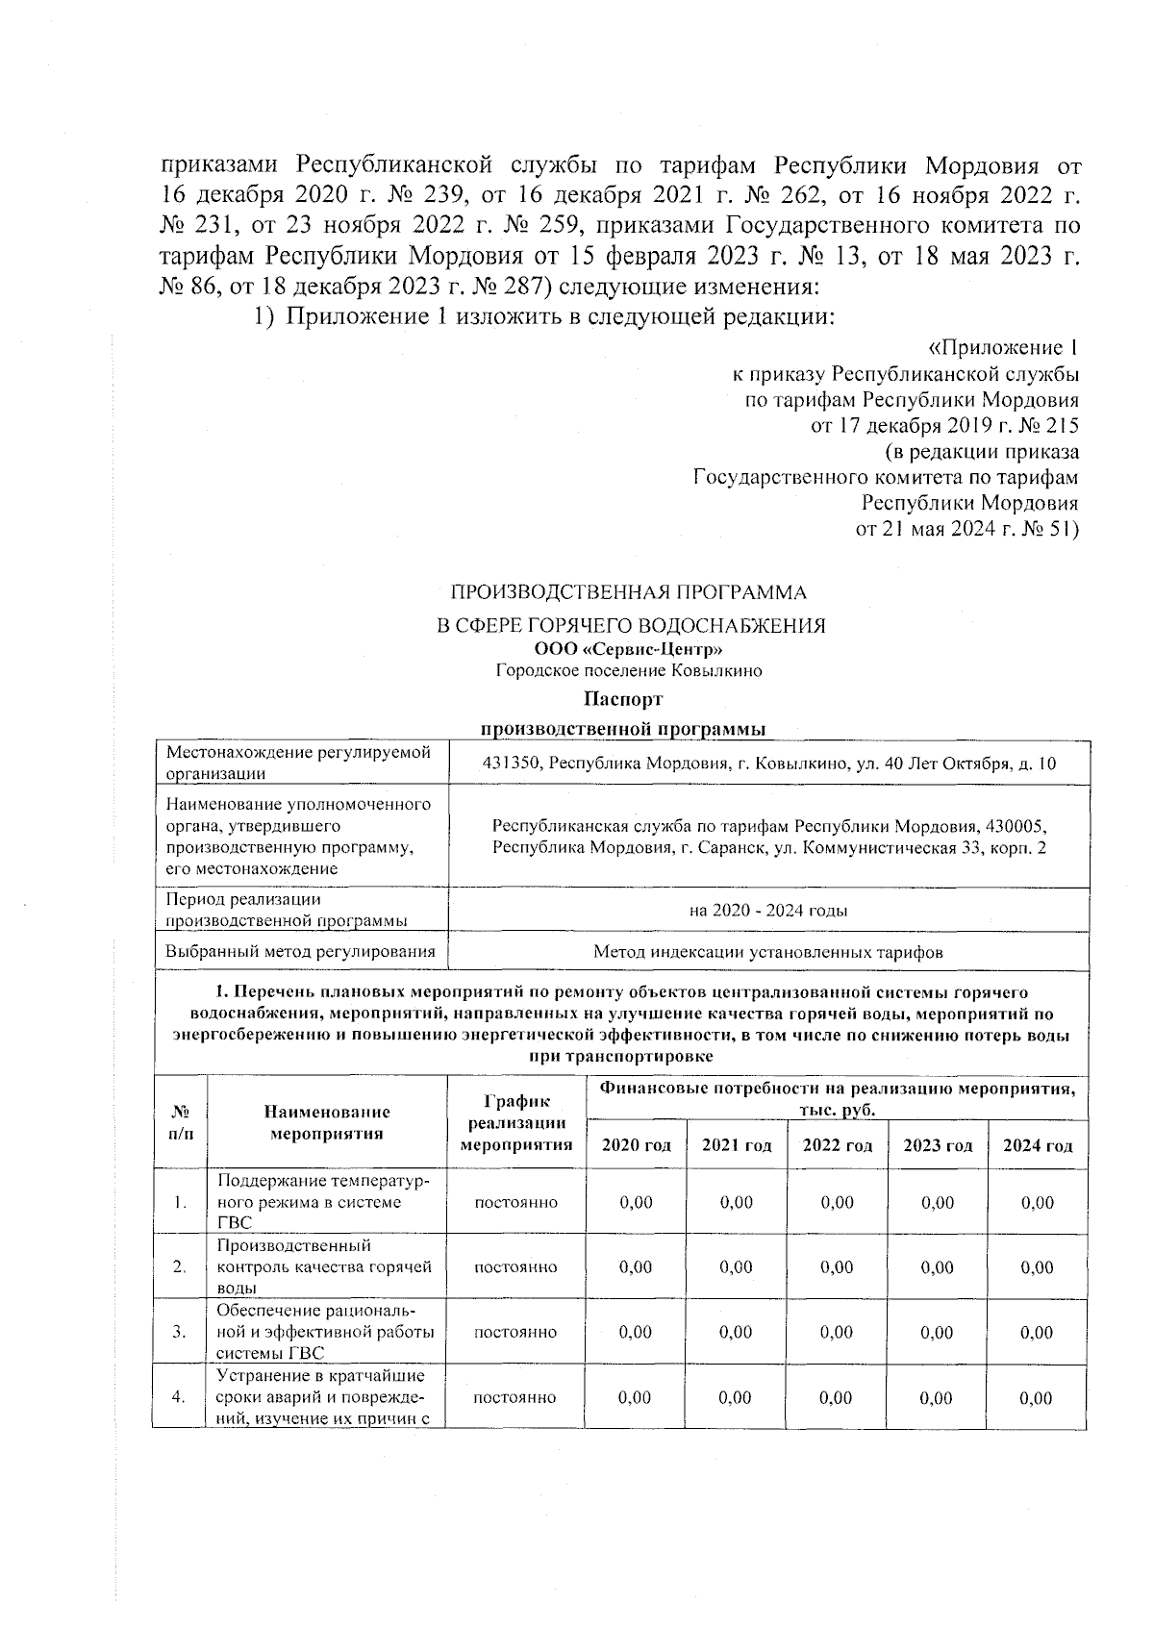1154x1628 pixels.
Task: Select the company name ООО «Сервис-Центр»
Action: click(629, 650)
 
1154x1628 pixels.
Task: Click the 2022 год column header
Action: click(837, 1145)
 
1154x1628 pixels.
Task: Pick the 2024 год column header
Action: click(1038, 1145)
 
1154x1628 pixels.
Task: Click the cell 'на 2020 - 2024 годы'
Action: click(767, 911)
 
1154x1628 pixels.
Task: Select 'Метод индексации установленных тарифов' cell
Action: click(767, 952)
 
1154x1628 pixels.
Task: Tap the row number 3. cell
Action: click(180, 1332)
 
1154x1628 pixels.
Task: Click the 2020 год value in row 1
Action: click(636, 1202)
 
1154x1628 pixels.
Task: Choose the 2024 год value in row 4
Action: click(1038, 1397)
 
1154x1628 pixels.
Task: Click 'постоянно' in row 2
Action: click(515, 1267)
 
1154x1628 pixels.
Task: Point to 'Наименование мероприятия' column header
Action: click(327, 1122)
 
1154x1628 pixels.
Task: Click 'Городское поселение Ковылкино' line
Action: click(629, 671)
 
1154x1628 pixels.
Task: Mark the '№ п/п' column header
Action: click(180, 1122)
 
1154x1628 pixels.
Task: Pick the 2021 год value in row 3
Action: click(736, 1332)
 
